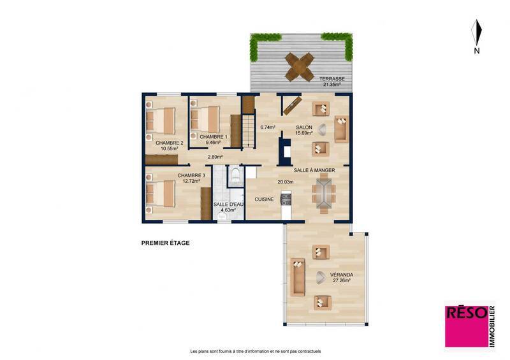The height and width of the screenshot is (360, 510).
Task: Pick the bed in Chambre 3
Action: [x=162, y=194]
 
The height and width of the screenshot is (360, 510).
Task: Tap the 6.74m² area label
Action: [x=268, y=127]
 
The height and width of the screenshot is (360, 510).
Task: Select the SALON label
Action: [x=303, y=127]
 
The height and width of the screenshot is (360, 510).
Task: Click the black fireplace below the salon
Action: [x=284, y=152]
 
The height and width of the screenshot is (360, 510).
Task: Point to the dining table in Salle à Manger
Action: [x=323, y=194]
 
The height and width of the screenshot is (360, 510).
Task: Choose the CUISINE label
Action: [x=264, y=199]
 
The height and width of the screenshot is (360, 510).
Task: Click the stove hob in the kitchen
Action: [x=285, y=199]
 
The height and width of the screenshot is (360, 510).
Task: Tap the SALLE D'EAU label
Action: [x=228, y=205]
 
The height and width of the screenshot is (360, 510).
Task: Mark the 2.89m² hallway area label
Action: [x=215, y=157]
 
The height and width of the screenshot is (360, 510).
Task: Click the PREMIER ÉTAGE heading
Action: [x=165, y=243]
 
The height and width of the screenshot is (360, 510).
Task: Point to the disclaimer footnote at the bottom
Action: [x=255, y=351]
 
